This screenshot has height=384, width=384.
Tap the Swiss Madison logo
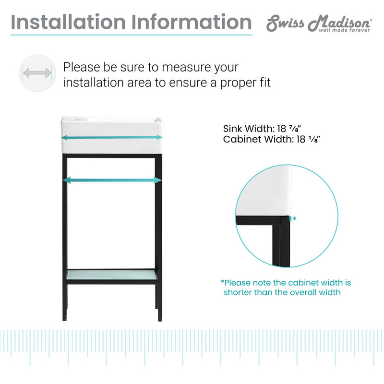pyautogui.click(x=319, y=23)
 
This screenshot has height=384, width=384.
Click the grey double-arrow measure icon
pyautogui.click(x=37, y=73)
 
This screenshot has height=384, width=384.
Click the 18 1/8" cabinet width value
pyautogui.click(x=306, y=140)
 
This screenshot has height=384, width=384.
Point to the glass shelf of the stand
pyautogui.click(x=111, y=275)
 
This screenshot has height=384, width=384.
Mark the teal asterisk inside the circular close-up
pyautogui.click(x=294, y=219)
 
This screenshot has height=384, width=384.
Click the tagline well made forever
pyautogui.click(x=345, y=30)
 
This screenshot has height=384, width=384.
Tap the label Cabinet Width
pyautogui.click(x=252, y=140)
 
